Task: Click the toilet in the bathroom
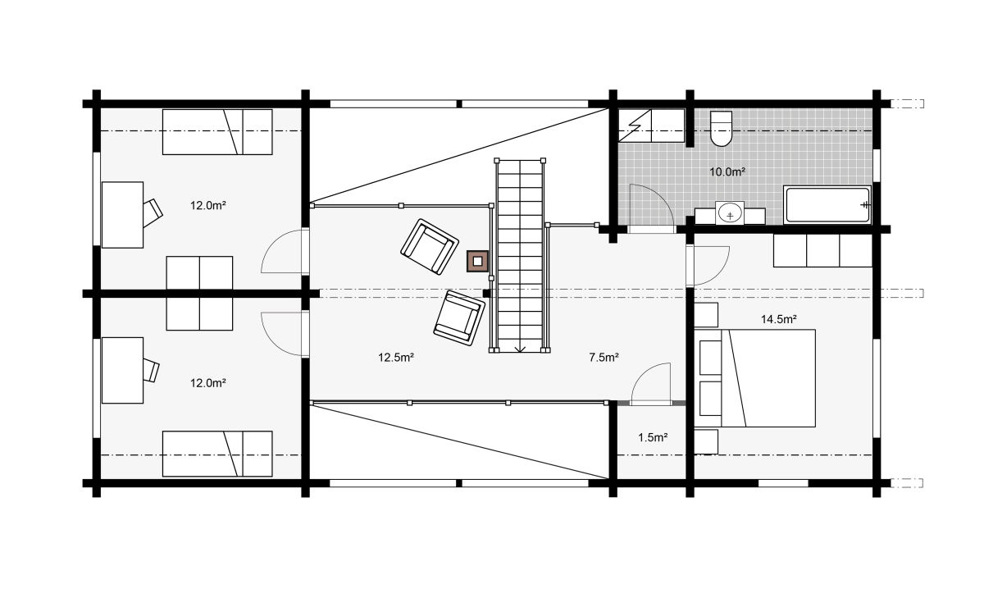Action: click(721, 128)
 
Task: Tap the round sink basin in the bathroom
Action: click(730, 214)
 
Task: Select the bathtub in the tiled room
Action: click(827, 204)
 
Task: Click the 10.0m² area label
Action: click(727, 172)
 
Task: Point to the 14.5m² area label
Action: click(779, 319)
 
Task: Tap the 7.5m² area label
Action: click(604, 358)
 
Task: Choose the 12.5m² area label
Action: click(396, 358)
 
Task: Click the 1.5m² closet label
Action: click(653, 437)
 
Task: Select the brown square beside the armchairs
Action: click(477, 261)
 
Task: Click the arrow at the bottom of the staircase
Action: click(520, 349)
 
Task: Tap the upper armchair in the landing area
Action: click(429, 247)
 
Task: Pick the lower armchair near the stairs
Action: click(459, 317)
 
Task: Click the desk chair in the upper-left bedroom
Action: click(153, 213)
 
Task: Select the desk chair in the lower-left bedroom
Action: click(151, 371)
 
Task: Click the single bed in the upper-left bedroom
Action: click(217, 132)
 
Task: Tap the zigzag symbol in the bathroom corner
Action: click(635, 126)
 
